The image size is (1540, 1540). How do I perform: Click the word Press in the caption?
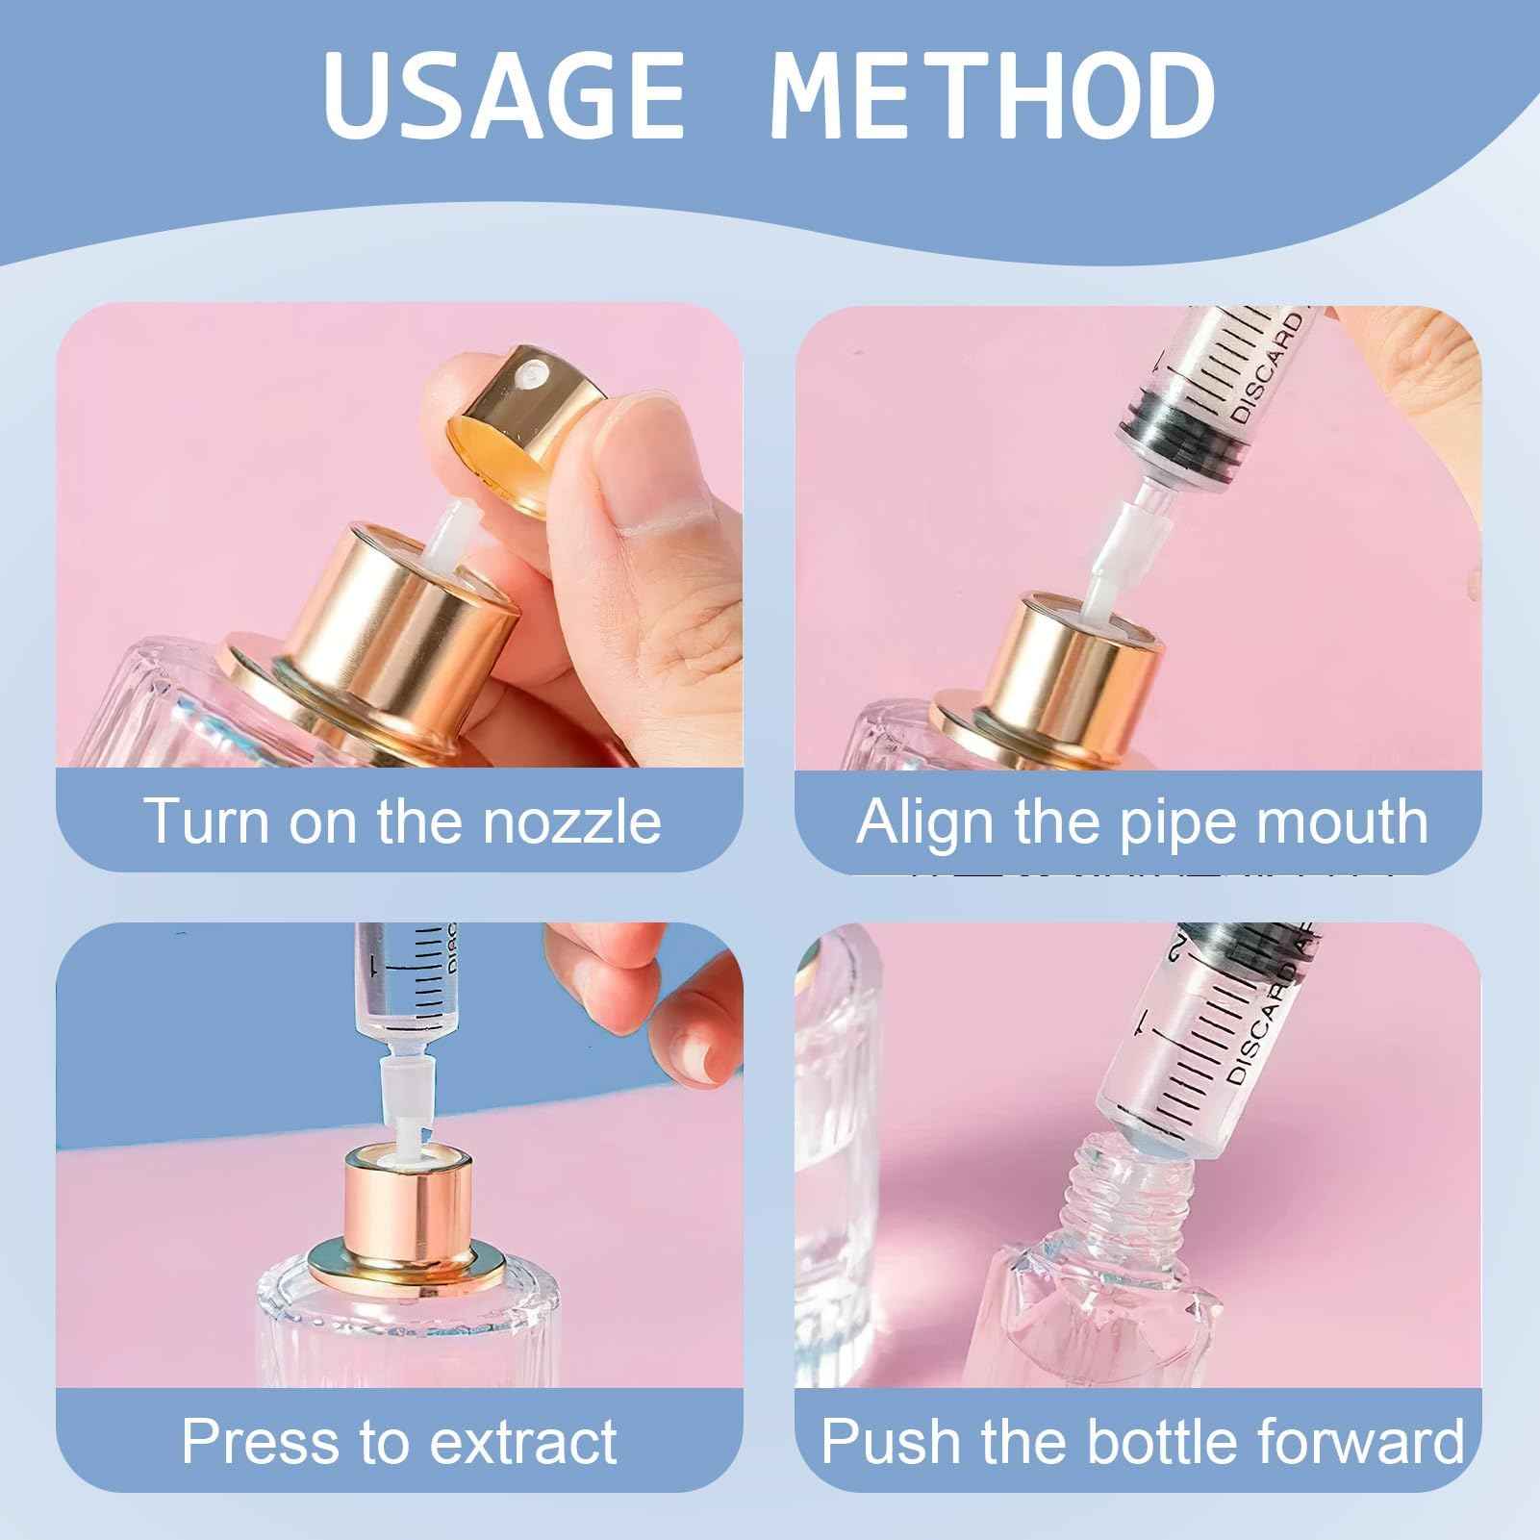tap(261, 1440)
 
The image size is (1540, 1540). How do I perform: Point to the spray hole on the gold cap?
tap(527, 372)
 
